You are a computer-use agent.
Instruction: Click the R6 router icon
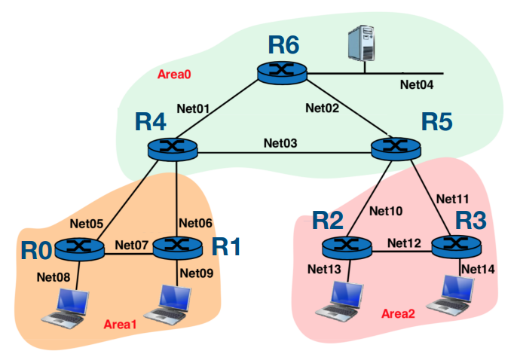pyautogui.click(x=280, y=72)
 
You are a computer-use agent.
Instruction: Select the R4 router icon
pyautogui.click(x=174, y=148)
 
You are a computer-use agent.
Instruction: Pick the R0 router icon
pyautogui.click(x=79, y=246)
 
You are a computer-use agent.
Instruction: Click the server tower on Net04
pyautogui.click(x=362, y=44)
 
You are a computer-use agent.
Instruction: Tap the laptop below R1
pyautogui.click(x=171, y=304)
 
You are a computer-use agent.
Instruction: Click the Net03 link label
pyautogui.click(x=280, y=142)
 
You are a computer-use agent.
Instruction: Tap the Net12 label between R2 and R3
pyautogui.click(x=405, y=243)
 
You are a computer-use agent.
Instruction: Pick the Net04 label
pyautogui.click(x=416, y=85)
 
